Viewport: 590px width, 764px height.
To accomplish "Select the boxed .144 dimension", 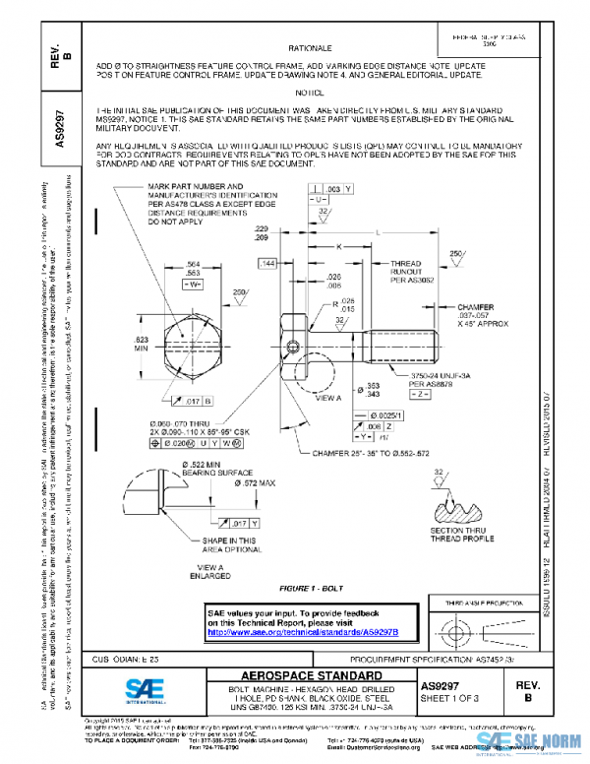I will coord(266,265).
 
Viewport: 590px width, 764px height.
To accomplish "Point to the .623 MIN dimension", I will coord(142,343).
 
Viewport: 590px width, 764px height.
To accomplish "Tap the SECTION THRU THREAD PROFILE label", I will coord(456,536).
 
